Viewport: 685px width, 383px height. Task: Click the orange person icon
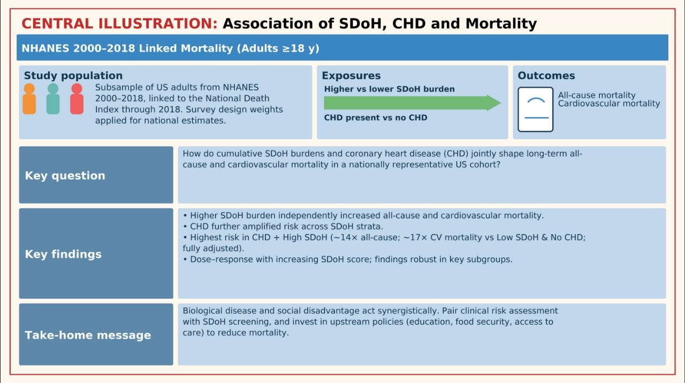[29, 99]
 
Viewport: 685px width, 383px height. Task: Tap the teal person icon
[53, 99]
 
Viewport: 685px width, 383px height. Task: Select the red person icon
[77, 99]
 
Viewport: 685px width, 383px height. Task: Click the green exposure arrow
[412, 103]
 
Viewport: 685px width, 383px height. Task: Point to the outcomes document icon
[535, 109]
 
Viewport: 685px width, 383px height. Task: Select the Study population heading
[73, 76]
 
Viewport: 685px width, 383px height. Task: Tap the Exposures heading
[351, 76]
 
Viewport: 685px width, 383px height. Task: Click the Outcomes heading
[546, 76]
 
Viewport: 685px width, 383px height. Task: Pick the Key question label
[65, 176]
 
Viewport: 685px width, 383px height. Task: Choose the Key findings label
[63, 254]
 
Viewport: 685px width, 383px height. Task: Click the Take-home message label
[88, 335]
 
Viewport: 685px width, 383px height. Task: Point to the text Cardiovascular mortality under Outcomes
[609, 103]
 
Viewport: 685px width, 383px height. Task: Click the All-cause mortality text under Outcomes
[597, 95]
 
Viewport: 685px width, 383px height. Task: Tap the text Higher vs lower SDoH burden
[389, 89]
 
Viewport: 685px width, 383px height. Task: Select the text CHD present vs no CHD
[376, 117]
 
